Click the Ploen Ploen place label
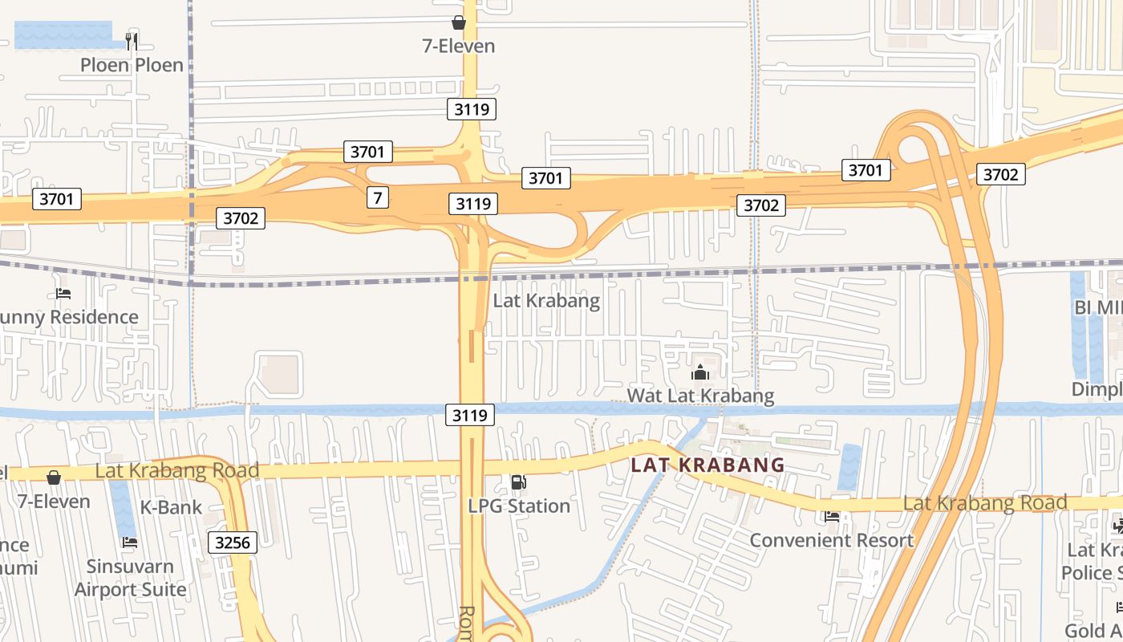tap(132, 65)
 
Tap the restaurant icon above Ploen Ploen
tap(132, 41)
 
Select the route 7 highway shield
tap(378, 197)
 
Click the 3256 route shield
tap(233, 542)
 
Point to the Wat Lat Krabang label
tap(700, 396)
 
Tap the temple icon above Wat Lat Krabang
tap(700, 373)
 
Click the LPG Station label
tap(519, 506)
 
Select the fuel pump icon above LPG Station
tap(519, 482)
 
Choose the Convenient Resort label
tap(831, 540)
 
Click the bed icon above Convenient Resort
tap(832, 517)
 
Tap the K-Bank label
tap(171, 507)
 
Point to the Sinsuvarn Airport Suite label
tap(130, 578)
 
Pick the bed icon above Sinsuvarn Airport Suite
tap(129, 542)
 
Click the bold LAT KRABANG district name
tap(707, 465)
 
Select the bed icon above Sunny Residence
tap(63, 294)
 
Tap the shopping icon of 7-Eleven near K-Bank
tap(54, 478)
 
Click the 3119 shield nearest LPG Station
tap(470, 415)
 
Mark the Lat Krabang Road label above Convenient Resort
tap(984, 503)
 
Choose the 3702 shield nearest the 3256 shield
tap(241, 217)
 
